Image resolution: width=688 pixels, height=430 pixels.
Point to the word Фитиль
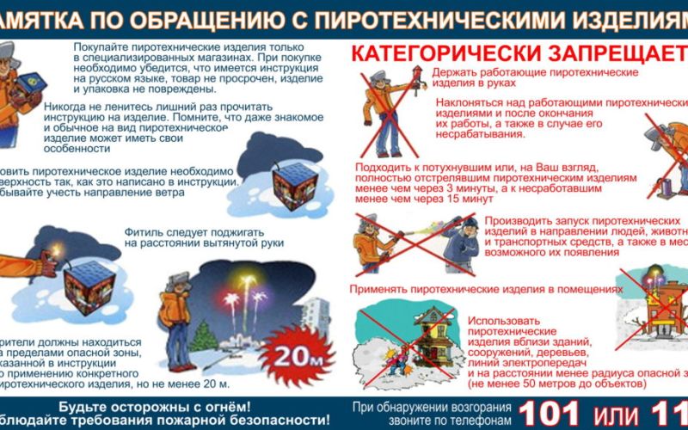pyautogui.click(x=144, y=231)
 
